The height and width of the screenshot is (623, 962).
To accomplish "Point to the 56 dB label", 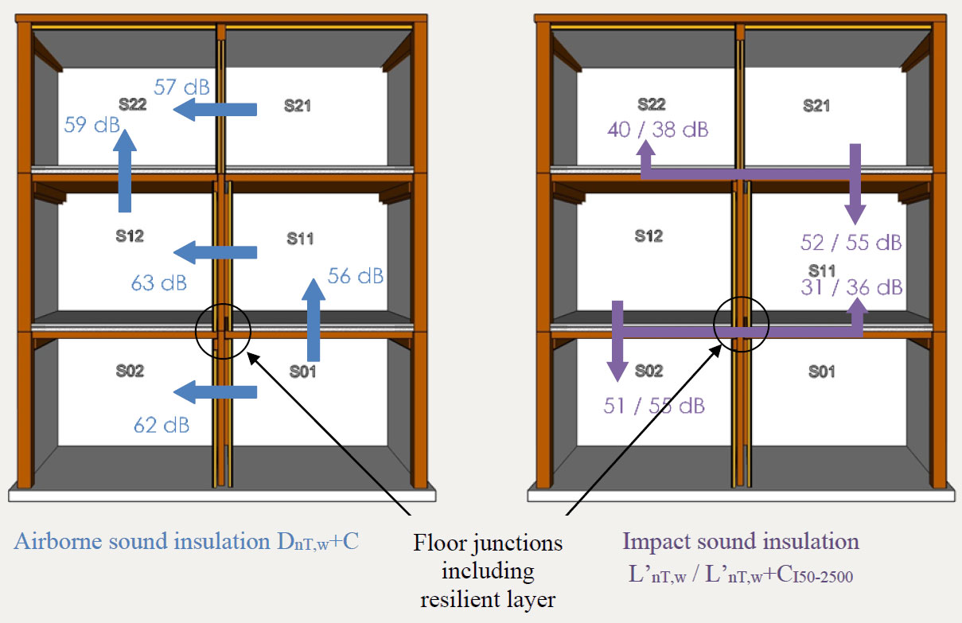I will click(x=355, y=276).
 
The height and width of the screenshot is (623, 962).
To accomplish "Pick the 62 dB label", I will click(x=161, y=425).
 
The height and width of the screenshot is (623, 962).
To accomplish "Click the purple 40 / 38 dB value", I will click(x=657, y=130).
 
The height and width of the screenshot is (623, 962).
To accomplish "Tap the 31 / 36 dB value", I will click(x=851, y=287).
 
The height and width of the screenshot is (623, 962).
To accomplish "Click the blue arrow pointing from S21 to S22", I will click(x=215, y=109).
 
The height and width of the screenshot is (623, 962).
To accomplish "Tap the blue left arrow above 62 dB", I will click(x=215, y=391).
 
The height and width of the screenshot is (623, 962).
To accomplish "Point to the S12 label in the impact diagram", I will click(x=649, y=236).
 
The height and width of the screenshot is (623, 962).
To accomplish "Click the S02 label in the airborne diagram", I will click(x=130, y=371).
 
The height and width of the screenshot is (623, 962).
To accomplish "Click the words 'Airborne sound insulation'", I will click(x=138, y=542).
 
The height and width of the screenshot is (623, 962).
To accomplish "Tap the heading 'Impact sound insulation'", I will click(x=741, y=542).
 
